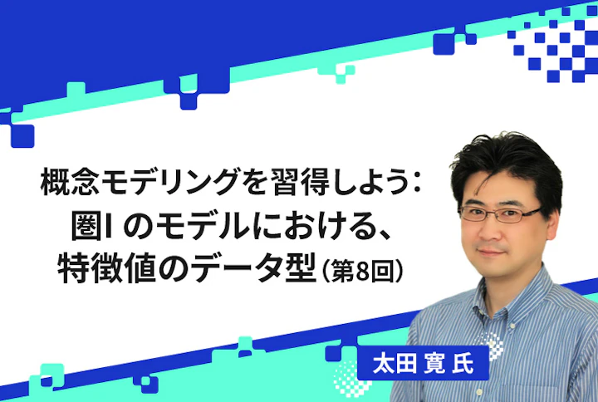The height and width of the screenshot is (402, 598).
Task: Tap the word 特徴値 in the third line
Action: click(105, 268)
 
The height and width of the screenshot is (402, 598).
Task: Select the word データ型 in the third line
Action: click(251, 268)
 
